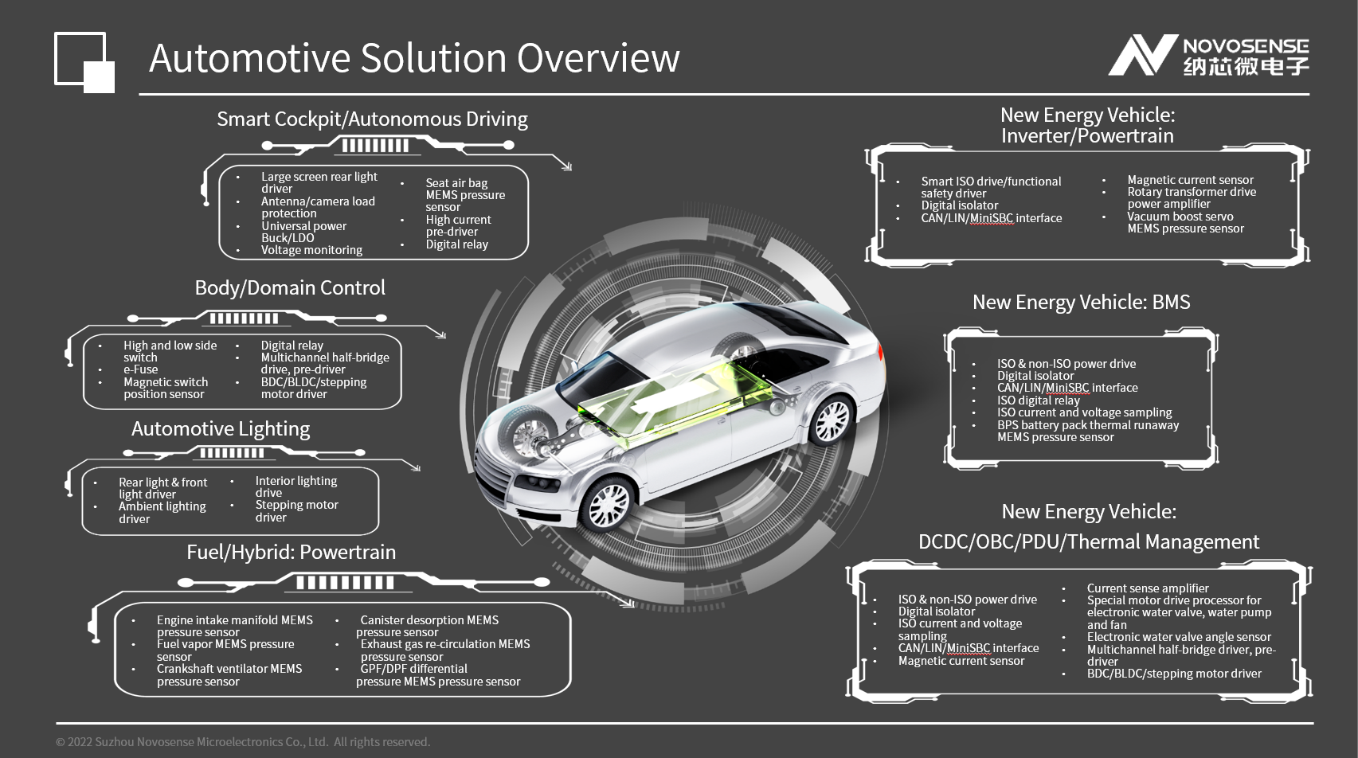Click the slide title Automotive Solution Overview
point(414,58)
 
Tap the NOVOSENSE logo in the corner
point(1208,56)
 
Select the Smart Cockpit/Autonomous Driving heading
point(372,119)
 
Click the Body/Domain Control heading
point(290,287)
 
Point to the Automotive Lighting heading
point(221,428)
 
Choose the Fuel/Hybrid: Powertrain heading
point(291,552)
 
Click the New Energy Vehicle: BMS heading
point(1081,303)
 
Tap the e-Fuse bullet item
point(140,369)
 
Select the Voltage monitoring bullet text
point(311,250)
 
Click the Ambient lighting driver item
point(162,512)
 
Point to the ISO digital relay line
point(1038,400)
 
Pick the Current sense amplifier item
point(1147,588)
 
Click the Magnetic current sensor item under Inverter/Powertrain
point(1190,180)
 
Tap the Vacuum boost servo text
point(1180,217)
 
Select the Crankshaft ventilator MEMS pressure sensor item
point(229,674)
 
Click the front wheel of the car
point(609,504)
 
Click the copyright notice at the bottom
point(243,742)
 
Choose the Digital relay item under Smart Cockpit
point(456,244)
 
